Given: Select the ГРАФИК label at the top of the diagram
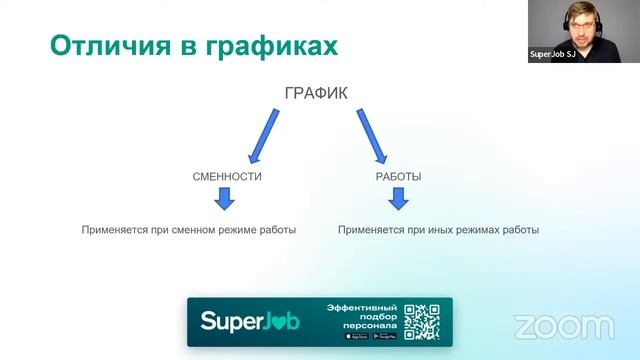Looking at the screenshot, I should (316, 94).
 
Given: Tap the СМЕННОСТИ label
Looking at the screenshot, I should (227, 176).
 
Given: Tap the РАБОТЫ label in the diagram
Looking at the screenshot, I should (398, 176).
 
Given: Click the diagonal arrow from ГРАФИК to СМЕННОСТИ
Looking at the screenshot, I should (263, 135).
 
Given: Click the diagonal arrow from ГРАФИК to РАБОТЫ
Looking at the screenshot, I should (371, 135).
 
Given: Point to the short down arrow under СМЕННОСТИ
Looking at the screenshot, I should (225, 199).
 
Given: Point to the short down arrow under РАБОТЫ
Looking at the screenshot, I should (398, 199).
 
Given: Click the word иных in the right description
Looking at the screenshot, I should (425, 230).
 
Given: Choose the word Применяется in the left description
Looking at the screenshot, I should (110, 230).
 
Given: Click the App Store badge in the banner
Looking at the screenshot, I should (356, 336).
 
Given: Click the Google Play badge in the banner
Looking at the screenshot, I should (385, 336).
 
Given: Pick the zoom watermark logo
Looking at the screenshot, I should (564, 326).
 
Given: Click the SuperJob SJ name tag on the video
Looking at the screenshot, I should (551, 56).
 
